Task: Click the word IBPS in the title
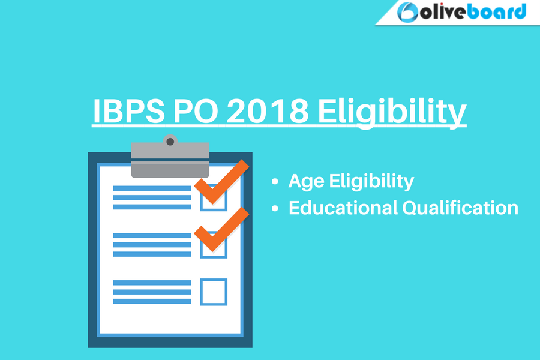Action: click(x=129, y=111)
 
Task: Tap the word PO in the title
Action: click(x=196, y=111)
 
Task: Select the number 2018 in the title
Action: click(x=267, y=111)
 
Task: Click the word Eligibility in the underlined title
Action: click(x=392, y=113)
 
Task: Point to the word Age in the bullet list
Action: click(x=306, y=181)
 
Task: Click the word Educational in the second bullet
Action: click(x=343, y=208)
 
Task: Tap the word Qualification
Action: click(x=460, y=208)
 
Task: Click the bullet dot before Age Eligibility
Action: click(x=275, y=182)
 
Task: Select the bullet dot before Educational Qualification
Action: click(x=275, y=208)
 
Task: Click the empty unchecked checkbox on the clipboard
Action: click(x=214, y=280)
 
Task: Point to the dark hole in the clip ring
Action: click(x=170, y=142)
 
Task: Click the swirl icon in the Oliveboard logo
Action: click(x=407, y=13)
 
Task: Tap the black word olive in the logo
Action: click(x=443, y=12)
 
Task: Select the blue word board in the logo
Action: click(x=497, y=11)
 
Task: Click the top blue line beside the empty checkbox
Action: click(x=152, y=283)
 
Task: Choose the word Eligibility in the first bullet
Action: click(x=371, y=181)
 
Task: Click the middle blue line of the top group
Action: click(x=152, y=198)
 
